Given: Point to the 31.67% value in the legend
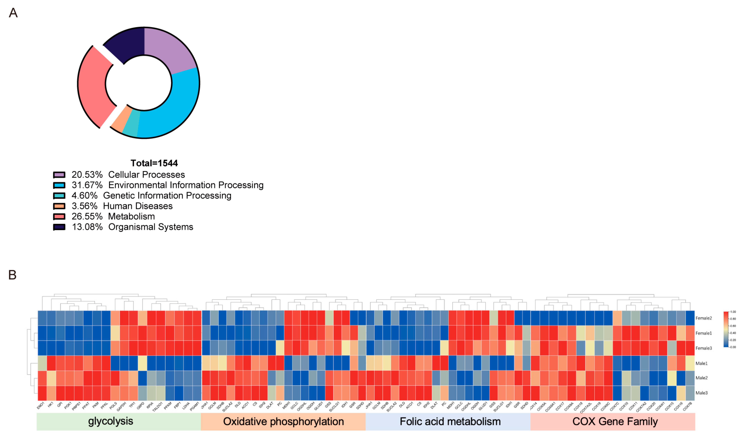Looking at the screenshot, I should tap(87, 185).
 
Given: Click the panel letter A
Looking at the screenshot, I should tap(13, 13).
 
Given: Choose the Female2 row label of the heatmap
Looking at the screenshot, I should tap(704, 318).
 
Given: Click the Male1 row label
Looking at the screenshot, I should tap(701, 363).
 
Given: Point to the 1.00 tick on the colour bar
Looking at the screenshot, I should tap(733, 312).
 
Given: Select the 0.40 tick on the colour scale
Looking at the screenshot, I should tap(733, 333).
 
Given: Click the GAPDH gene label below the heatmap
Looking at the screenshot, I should tap(122, 406).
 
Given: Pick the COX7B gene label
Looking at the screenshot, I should tap(687, 406).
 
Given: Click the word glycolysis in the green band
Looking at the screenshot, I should tap(110, 421).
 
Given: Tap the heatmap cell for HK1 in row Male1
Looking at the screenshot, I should tap(51, 363).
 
